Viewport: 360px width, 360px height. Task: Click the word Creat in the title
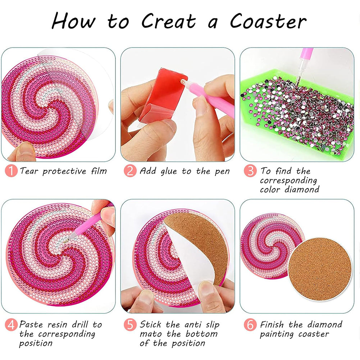[x=169, y=21]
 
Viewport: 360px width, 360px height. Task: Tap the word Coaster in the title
[x=268, y=21]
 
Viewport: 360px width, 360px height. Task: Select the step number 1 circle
[x=11, y=171]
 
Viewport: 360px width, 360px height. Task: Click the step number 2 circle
[x=130, y=171]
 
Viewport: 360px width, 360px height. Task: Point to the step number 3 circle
[x=250, y=171]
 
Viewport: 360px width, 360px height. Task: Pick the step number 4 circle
[x=11, y=325]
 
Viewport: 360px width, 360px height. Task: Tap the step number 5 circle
[x=130, y=325]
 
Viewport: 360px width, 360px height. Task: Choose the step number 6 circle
[x=250, y=325]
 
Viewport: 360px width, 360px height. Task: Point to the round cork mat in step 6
[x=320, y=269]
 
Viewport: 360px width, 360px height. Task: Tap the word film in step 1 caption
[x=99, y=171]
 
